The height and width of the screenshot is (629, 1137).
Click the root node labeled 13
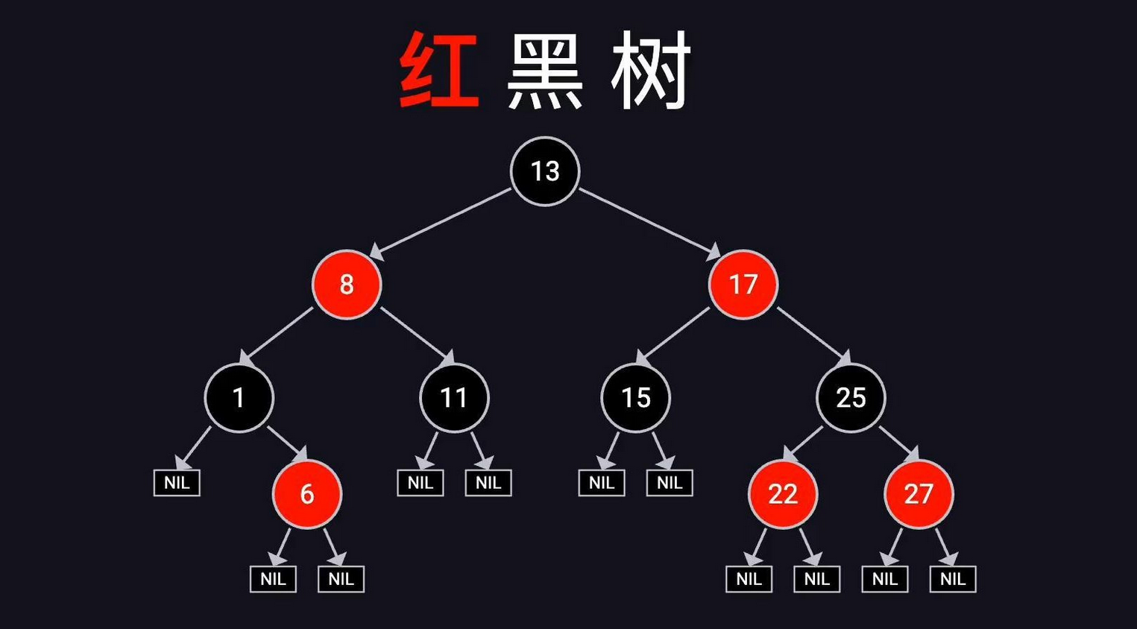coord(545,171)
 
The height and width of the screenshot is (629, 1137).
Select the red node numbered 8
coord(347,285)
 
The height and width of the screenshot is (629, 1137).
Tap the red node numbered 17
coord(743,285)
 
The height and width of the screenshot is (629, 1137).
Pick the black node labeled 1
coord(239,398)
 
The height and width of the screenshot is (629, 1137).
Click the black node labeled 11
coord(454,398)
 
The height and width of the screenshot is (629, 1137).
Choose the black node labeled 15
coord(636,398)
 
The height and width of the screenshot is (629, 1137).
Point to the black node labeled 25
coord(851,398)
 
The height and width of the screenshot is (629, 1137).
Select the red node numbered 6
coord(307,494)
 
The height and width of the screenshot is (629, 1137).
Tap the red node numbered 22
coord(783,494)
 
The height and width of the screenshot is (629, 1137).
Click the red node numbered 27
coord(919,494)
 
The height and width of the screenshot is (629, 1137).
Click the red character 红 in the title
coord(438,71)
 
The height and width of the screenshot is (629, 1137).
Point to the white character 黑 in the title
coord(545,71)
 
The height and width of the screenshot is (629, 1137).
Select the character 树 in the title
coord(651,71)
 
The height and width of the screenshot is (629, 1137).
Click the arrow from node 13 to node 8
coord(441,224)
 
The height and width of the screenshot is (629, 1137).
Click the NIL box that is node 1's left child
coord(177,483)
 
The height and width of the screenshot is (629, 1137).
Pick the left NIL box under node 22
coord(749,579)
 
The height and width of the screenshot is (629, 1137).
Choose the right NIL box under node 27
coord(953,579)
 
